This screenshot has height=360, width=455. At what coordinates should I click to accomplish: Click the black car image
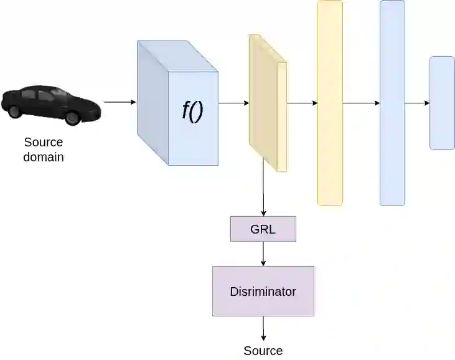pos(50,104)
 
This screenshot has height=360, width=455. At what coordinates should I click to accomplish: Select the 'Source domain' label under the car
pos(44,149)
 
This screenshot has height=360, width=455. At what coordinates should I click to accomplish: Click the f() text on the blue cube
pos(192,111)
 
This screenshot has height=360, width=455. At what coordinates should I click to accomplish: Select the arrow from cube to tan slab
pos(233,103)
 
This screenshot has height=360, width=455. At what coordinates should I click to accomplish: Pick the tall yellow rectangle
pos(330,103)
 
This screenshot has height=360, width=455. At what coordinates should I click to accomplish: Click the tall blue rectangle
pos(392,103)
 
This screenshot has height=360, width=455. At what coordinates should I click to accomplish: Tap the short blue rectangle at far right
pos(442,103)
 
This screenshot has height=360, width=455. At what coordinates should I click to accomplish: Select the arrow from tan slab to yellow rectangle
pos(302,103)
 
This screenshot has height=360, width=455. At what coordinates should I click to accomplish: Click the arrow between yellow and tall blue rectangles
pos(361,103)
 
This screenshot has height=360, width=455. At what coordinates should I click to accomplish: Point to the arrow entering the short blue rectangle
pos(417,103)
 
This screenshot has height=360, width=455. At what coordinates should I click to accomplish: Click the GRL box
pos(263,229)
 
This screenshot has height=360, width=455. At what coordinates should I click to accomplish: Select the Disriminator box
pos(263,291)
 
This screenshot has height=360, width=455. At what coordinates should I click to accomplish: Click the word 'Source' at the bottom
pos(263,351)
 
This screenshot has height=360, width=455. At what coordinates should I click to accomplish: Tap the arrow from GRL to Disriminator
pos(263,253)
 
